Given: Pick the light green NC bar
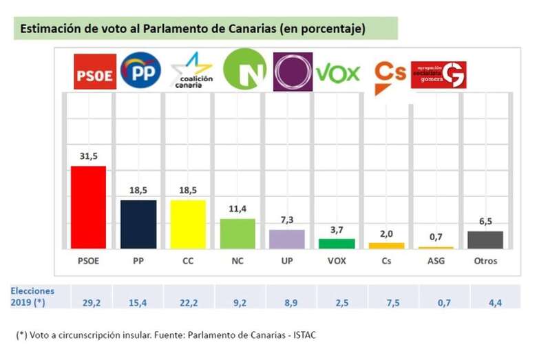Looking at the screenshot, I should coord(238,233).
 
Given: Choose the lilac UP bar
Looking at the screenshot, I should coord(287,239).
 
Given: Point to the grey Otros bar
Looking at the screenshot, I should coord(485,240).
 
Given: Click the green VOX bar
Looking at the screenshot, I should coord(337,243).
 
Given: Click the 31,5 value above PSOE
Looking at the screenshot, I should coord(89,156).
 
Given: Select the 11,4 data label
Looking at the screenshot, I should coord(238,209).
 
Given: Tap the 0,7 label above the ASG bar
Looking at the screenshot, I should coord(436,237).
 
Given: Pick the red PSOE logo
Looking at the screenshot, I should coord(94,72).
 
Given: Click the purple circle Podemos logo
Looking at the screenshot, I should coord(293,72).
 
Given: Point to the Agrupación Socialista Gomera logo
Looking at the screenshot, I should coord(439,75).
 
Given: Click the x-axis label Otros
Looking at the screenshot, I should coord(485,261).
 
